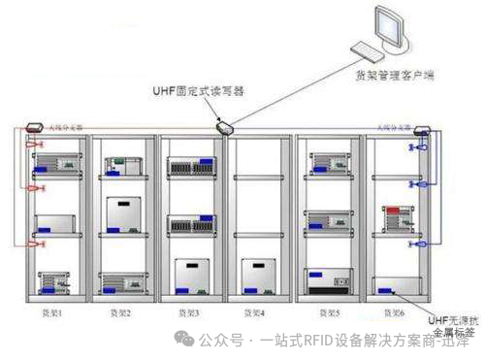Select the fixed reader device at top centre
click(x=224, y=126)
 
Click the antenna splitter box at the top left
click(x=32, y=127)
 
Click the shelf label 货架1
click(x=49, y=312)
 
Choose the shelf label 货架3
click(x=186, y=312)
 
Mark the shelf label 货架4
click(x=254, y=312)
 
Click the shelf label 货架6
click(x=394, y=312)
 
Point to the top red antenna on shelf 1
click(x=33, y=147)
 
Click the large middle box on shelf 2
click(x=124, y=215)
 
